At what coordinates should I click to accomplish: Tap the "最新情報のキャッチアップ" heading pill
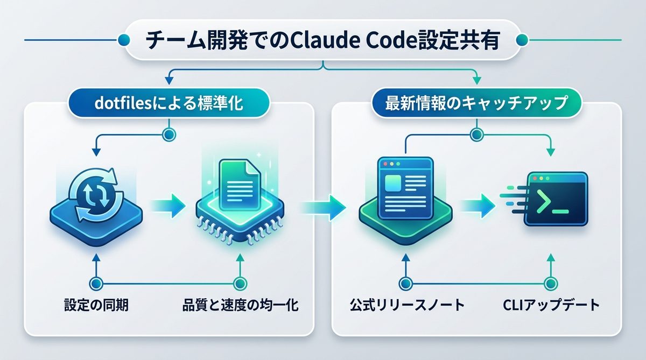pyautogui.click(x=476, y=103)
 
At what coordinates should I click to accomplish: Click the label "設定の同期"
pyautogui.click(x=96, y=307)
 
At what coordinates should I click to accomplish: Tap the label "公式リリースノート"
pyautogui.click(x=405, y=307)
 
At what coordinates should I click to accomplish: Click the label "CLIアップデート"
pyautogui.click(x=550, y=307)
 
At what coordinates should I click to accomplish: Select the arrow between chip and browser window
pyautogui.click(x=323, y=205)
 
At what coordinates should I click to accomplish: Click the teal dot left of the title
pyautogui.click(x=123, y=39)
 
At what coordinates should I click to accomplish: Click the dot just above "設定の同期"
pyautogui.click(x=96, y=283)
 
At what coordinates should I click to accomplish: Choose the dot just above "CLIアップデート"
pyautogui.click(x=550, y=283)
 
